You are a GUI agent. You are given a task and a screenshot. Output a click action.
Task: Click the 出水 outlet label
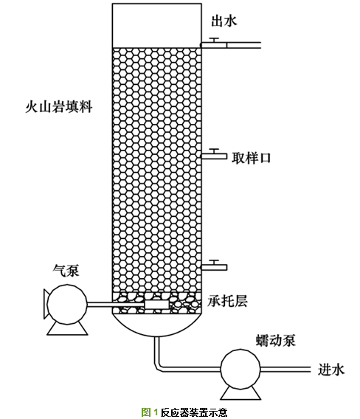point(224,21)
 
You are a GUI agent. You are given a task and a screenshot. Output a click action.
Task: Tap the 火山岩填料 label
point(58,107)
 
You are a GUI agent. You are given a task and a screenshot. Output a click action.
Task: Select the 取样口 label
point(251,158)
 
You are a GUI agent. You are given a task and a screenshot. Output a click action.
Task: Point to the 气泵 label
point(66,271)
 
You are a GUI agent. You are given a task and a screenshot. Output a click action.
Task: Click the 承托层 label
point(227,301)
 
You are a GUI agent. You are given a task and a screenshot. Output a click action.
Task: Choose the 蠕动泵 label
point(276,340)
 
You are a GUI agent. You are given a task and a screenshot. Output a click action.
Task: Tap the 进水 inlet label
point(331,370)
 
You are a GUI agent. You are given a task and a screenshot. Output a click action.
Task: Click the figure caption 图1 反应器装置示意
point(184,412)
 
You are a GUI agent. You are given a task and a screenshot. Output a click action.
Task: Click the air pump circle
point(67,304)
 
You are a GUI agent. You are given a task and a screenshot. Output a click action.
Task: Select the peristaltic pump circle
point(240,369)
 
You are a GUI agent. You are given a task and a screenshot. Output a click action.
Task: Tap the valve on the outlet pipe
point(215,40)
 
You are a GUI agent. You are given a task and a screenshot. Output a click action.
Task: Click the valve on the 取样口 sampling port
point(215,151)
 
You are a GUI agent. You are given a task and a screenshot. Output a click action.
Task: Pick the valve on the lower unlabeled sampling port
point(215,262)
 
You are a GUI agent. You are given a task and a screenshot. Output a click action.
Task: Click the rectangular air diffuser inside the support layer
point(156,305)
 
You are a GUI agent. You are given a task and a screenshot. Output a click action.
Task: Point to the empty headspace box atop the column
point(156,26)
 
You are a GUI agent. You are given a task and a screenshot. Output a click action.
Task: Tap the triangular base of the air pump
point(67,329)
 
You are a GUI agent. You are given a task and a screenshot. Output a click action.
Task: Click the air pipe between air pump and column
point(116,305)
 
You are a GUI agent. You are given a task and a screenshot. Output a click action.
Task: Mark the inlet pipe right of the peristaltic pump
point(285,370)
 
